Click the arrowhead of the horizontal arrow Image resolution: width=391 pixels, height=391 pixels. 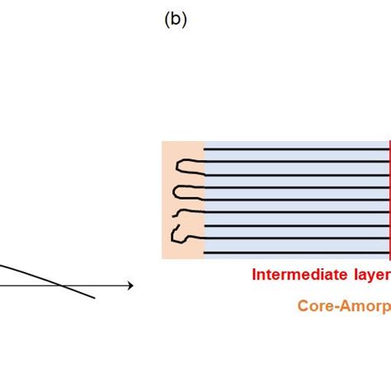click(130, 285)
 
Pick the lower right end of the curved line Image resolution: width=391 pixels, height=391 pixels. click(94, 297)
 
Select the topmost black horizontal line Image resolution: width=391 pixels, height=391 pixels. click(297, 148)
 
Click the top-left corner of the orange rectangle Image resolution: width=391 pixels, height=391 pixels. click(163, 142)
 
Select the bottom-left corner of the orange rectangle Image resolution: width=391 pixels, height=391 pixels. click(163, 258)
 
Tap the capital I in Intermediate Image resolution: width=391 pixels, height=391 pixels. click(254, 275)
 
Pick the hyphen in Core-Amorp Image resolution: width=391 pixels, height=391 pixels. click(333, 306)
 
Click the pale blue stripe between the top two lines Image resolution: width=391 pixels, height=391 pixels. click(297, 155)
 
